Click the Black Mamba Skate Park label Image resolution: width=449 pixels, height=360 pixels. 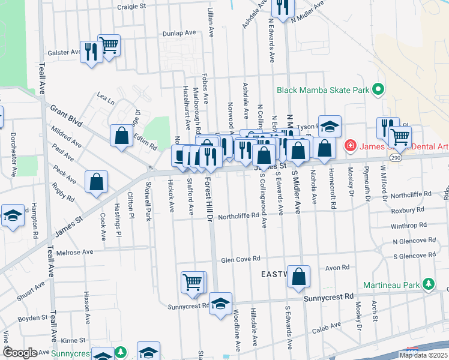322,91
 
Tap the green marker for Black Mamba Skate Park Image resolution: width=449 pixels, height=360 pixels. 378,90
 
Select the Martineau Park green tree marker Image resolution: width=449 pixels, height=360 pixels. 428,284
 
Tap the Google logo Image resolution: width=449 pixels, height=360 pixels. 19,353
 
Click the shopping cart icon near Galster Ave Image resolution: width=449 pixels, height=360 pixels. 109,45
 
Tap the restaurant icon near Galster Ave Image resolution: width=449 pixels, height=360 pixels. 91,52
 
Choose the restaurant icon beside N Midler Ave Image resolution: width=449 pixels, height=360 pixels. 282,7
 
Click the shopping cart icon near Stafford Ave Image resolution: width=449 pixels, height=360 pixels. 192,281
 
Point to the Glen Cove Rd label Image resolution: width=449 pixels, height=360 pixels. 240,259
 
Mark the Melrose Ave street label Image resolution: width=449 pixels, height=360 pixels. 75,252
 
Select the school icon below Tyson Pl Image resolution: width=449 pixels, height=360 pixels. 330,126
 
